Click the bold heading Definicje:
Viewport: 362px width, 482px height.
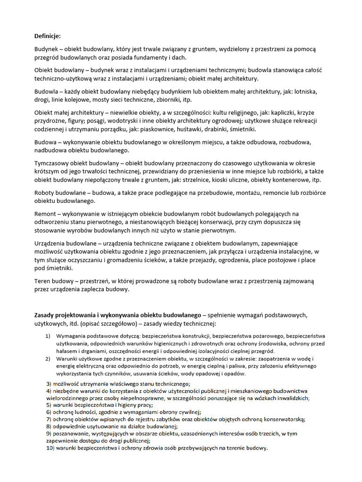coord(48,36)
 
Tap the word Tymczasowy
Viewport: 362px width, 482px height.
coord(53,163)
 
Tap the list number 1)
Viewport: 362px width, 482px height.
coord(48,336)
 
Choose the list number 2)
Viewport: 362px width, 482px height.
coord(48,359)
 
